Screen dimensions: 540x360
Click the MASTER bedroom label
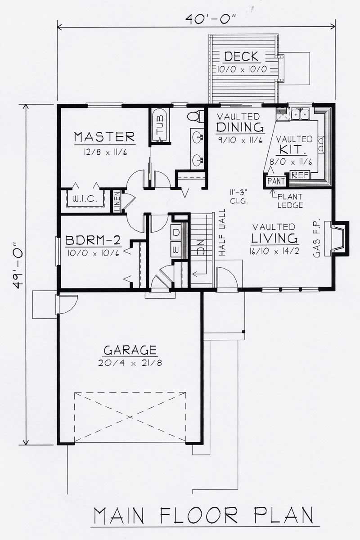click(104, 136)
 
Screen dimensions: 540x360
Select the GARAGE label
click(130, 350)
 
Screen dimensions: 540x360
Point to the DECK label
click(241, 57)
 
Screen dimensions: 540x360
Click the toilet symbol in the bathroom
click(194, 116)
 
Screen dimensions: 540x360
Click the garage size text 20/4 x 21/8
click(130, 363)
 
